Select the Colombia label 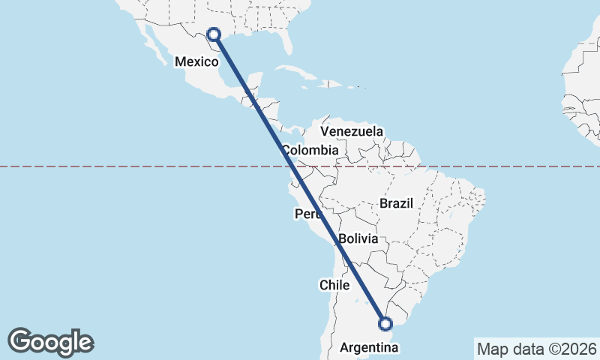coord(310,150)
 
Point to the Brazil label coord(397,203)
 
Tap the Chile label coord(335,285)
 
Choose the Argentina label coord(370,348)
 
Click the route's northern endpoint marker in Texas coord(214,34)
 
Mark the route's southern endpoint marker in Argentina coord(385,324)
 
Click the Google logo coord(50,341)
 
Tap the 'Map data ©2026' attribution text coord(536,349)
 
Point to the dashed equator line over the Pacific coord(112,166)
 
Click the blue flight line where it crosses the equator coord(292,166)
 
